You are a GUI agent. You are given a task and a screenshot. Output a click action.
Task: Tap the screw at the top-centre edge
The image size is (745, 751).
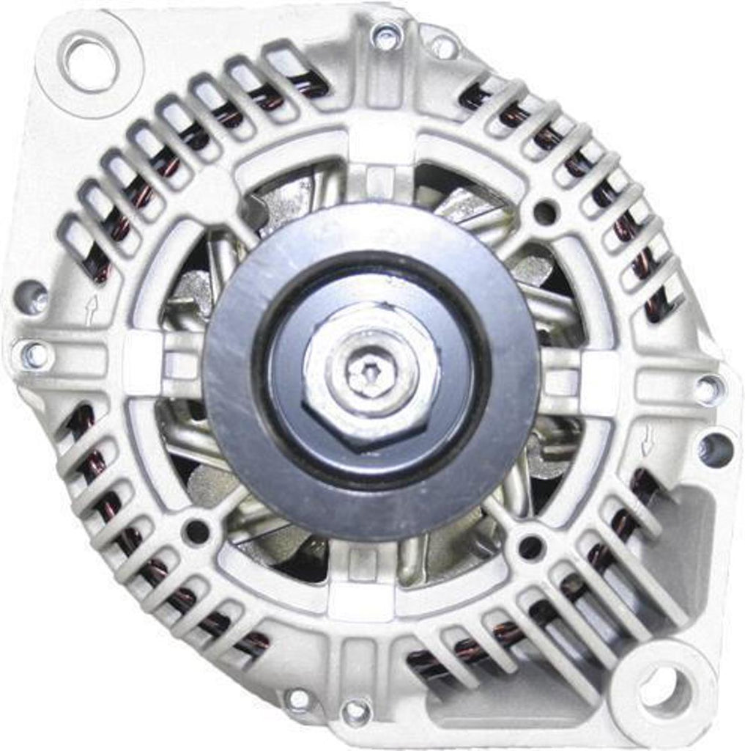click(386, 35)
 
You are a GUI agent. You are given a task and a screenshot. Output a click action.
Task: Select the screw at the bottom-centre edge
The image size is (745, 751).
click(356, 710)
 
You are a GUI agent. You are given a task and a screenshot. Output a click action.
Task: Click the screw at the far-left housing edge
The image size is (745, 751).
click(34, 355)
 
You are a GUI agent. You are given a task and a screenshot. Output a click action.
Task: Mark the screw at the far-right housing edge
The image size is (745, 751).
click(708, 389)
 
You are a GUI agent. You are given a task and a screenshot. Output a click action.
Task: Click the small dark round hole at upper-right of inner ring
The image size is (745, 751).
click(544, 213)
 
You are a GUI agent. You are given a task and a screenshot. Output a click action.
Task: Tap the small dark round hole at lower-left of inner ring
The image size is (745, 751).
click(196, 532)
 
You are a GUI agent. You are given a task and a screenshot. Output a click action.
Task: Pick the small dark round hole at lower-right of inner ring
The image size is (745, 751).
click(530, 546)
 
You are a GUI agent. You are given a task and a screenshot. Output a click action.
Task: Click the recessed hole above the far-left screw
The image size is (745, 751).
click(31, 297)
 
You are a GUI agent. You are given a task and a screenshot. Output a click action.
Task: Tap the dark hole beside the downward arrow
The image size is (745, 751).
click(715, 448)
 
